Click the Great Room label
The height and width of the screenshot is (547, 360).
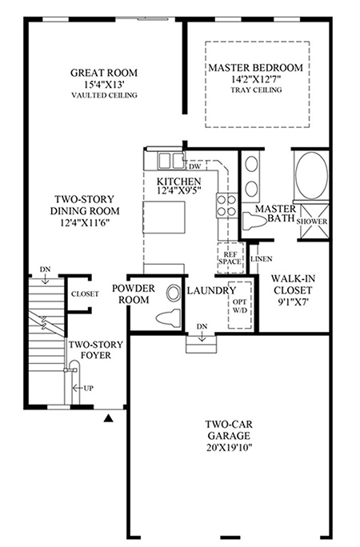click(x=104, y=73)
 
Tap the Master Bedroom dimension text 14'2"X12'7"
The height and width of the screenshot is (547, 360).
click(x=256, y=79)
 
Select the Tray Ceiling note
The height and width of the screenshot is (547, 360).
click(x=256, y=90)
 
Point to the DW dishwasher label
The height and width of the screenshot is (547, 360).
click(x=195, y=166)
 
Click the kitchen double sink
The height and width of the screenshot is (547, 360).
click(x=171, y=162)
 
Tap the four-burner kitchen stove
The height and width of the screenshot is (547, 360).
click(x=226, y=206)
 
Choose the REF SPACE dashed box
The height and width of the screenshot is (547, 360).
click(x=230, y=258)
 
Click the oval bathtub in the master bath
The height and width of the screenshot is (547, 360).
click(x=311, y=175)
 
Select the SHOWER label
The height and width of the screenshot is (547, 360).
click(x=312, y=222)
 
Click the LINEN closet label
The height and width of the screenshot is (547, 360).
click(x=262, y=259)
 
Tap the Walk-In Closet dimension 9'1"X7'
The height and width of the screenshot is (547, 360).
click(x=293, y=301)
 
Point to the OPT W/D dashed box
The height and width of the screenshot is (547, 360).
click(x=240, y=305)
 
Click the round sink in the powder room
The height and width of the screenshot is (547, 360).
click(x=172, y=293)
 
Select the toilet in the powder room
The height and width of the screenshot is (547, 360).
click(x=168, y=319)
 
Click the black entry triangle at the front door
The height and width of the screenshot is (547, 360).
click(x=109, y=418)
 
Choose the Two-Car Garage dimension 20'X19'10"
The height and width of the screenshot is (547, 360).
click(x=229, y=447)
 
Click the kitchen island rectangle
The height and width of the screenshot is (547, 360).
click(x=164, y=217)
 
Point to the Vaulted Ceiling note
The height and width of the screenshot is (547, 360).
click(x=104, y=95)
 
